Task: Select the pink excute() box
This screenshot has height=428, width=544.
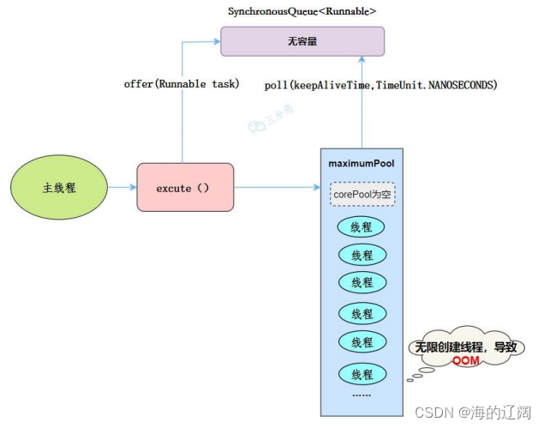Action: click(184, 187)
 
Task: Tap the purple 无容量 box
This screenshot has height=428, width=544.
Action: click(302, 41)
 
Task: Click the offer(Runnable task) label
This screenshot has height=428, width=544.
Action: click(176, 84)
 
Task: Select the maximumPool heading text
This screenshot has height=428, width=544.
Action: click(362, 163)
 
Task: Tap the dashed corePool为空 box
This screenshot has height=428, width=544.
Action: click(362, 194)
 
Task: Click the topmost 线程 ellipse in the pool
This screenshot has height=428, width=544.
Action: click(362, 227)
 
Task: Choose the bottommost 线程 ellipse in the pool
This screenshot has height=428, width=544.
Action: click(362, 374)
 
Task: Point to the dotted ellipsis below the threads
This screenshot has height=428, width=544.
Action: click(362, 395)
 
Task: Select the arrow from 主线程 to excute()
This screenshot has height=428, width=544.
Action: click(123, 187)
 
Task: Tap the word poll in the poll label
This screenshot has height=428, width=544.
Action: click(276, 87)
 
